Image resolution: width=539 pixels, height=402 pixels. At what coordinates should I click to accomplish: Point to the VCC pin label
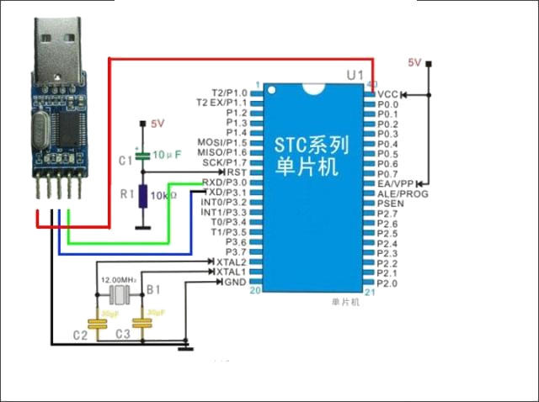[387, 93]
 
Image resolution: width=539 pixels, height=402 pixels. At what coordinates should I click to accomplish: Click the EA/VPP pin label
[396, 183]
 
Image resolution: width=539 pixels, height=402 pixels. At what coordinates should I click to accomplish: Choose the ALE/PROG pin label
[403, 193]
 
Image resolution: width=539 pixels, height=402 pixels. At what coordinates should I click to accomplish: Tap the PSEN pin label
[391, 204]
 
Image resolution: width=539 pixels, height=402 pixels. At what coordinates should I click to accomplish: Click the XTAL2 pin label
[232, 262]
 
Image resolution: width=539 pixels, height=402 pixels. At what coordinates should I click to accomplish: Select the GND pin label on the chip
[236, 282]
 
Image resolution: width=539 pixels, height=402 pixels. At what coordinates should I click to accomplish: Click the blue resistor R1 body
[144, 196]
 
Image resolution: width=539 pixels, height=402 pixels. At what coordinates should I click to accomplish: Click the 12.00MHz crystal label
[119, 279]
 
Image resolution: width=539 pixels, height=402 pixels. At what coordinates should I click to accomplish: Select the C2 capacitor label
[80, 335]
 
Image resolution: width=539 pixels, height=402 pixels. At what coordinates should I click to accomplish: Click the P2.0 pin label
[387, 283]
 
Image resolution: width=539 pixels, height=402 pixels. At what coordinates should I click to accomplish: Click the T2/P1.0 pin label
[229, 93]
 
